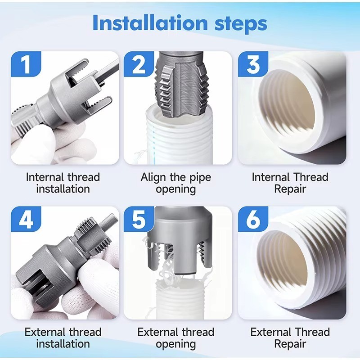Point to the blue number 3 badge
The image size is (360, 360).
[x=253, y=64]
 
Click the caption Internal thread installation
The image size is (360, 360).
[x=63, y=183]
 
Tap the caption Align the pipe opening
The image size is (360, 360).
[x=176, y=183]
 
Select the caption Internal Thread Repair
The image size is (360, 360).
[x=290, y=183]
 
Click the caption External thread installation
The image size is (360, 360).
[x=63, y=338]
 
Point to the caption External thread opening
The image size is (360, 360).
[x=176, y=338]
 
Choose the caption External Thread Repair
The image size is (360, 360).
[x=290, y=338]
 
